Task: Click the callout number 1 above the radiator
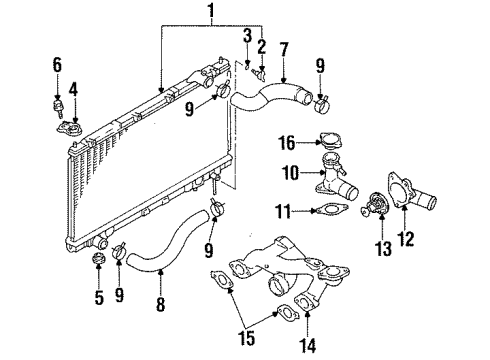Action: pyautogui.click(x=210, y=14)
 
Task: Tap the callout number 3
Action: pyautogui.click(x=246, y=36)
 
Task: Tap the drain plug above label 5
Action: pyautogui.click(x=99, y=261)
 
